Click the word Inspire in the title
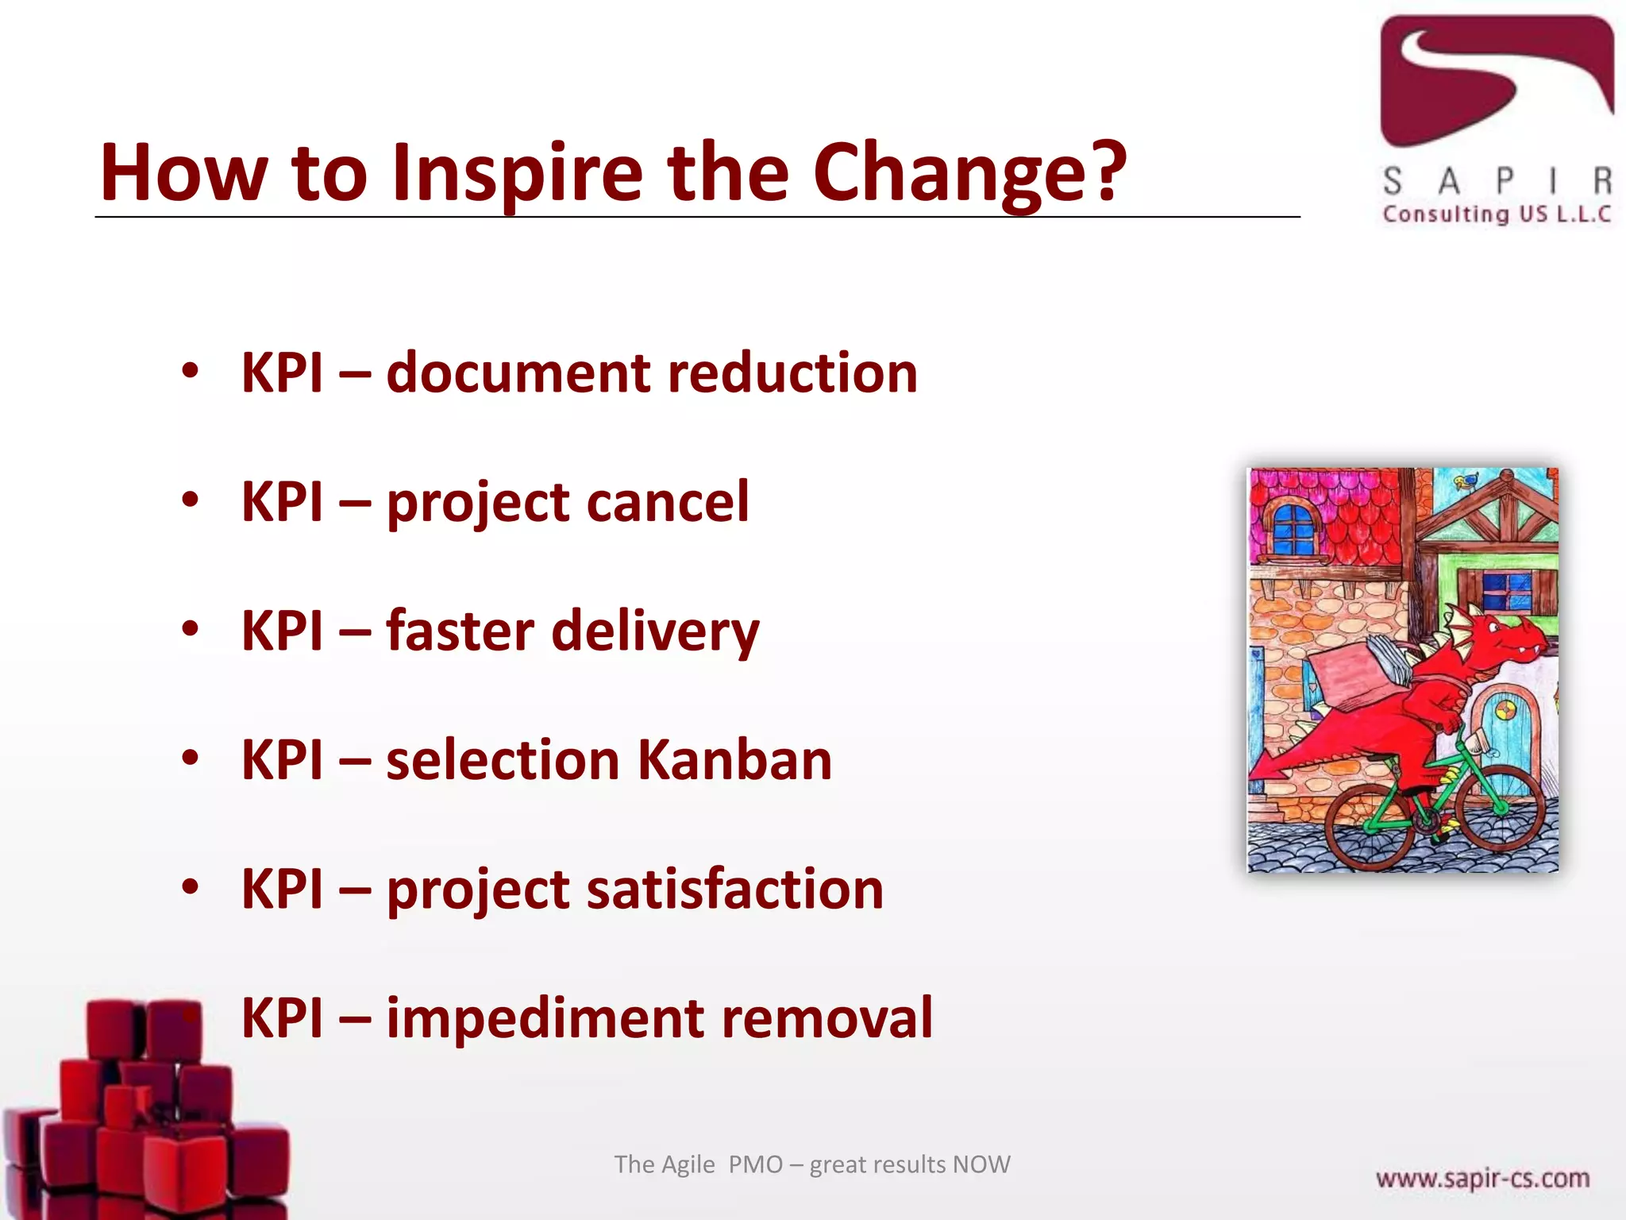tap(517, 174)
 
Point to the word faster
tap(460, 631)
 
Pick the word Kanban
tap(734, 760)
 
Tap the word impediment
tap(545, 1018)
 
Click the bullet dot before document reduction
tap(190, 370)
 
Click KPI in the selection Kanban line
tap(283, 760)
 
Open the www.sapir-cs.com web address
tap(1482, 1178)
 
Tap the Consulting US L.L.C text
tap(1496, 214)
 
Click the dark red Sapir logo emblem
tap(1496, 79)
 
